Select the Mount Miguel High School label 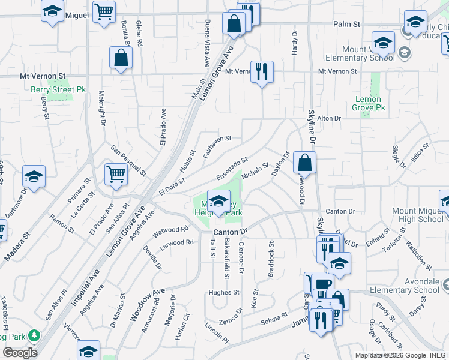417,215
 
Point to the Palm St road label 346,25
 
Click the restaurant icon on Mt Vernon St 261,71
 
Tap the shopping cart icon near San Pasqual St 116,175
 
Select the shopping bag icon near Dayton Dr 305,162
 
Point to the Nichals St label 255,172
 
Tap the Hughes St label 223,293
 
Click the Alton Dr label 329,119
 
